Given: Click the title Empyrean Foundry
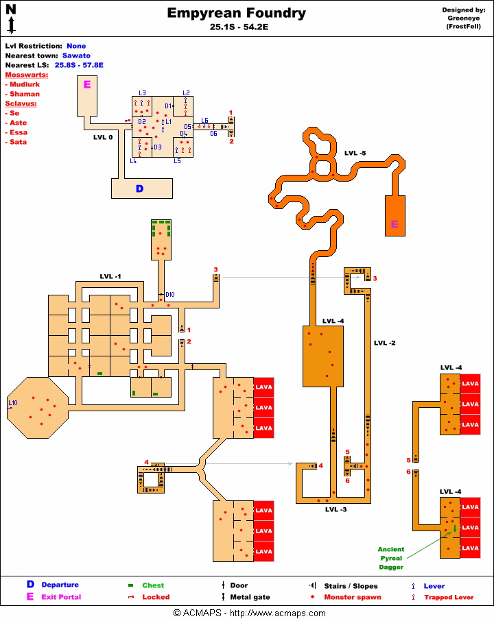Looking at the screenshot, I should [x=237, y=13].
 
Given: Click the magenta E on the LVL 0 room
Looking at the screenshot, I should [x=87, y=84].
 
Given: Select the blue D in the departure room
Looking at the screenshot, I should [x=139, y=188].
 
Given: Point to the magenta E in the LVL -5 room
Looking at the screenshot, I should [x=395, y=224].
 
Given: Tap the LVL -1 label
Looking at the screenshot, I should [x=110, y=276].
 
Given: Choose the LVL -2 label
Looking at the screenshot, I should [x=385, y=342].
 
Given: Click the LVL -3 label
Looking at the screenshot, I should [x=336, y=509].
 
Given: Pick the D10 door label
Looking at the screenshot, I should [x=170, y=295].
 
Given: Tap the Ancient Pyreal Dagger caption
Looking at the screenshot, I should [x=390, y=558].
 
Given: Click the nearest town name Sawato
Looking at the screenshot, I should [x=76, y=56].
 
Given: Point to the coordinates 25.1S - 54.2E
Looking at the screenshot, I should [x=237, y=28].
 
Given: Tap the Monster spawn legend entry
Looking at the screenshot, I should [x=353, y=597].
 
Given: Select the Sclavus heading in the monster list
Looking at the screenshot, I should [x=21, y=103].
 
